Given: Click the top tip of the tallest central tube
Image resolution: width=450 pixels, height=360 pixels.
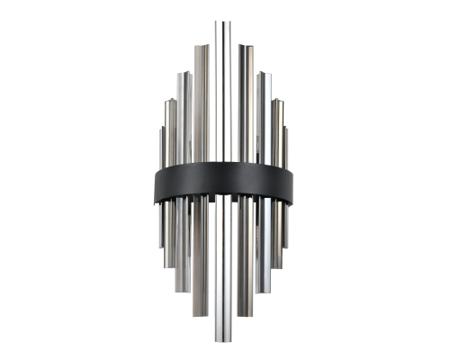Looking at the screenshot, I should click(x=221, y=20).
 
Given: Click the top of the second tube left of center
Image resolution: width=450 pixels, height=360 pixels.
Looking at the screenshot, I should click(x=183, y=74).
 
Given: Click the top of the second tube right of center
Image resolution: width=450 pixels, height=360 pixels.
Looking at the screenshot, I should click(x=263, y=74).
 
